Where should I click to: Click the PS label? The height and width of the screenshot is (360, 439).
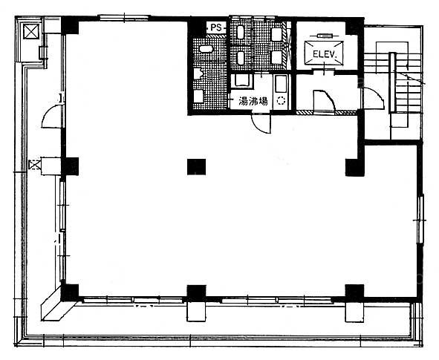click(216, 27)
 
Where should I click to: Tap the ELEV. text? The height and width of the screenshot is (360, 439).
click(324, 54)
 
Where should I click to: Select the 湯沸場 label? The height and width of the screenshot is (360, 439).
click(253, 101)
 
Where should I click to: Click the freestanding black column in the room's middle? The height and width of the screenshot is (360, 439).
click(196, 167)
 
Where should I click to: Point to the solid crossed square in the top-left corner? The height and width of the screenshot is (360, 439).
click(31, 31)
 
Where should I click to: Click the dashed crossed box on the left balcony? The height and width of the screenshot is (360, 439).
click(35, 164)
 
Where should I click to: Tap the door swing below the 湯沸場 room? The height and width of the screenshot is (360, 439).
click(261, 123)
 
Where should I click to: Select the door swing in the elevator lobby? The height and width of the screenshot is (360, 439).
click(324, 100)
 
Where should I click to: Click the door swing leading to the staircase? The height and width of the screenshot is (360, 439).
click(374, 98)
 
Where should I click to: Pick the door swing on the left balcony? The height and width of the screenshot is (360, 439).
click(52, 116)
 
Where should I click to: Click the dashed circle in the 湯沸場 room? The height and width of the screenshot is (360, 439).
click(281, 100)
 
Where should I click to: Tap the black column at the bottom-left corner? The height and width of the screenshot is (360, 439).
click(70, 292)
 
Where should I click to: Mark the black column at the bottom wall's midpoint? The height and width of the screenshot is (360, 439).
click(196, 293)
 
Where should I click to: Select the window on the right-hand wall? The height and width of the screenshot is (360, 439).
click(420, 220)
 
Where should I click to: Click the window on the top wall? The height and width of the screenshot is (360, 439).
click(124, 18)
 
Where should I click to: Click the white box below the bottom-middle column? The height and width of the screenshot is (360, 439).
click(196, 311)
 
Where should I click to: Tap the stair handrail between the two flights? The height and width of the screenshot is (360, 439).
click(392, 82)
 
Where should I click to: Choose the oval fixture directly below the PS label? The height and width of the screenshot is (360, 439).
click(206, 49)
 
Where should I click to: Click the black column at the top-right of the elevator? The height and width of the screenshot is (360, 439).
click(355, 26)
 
